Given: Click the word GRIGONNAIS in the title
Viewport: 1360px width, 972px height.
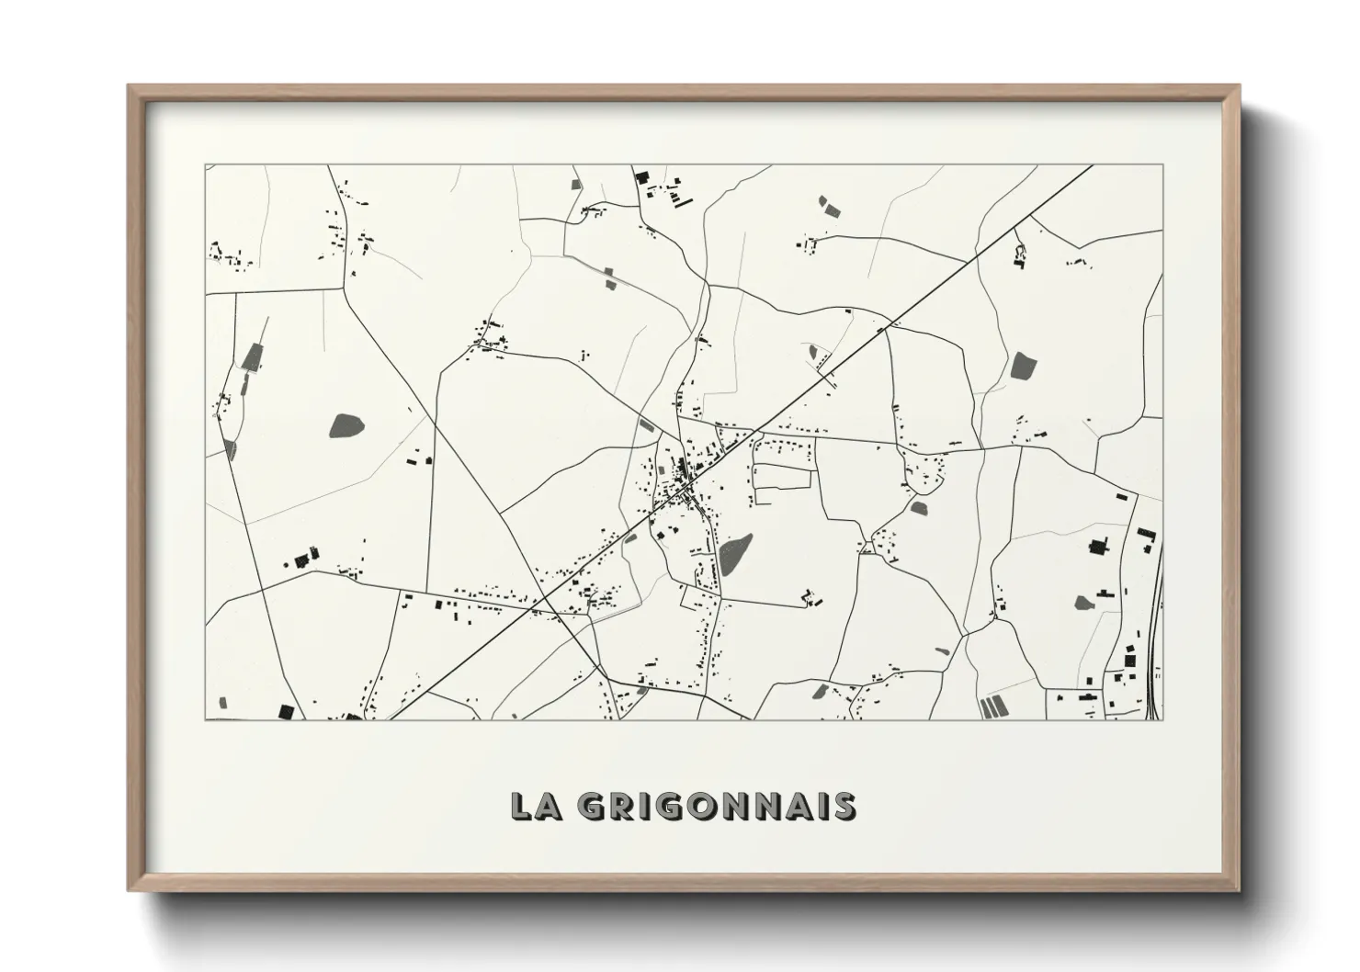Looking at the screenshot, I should pos(717,805).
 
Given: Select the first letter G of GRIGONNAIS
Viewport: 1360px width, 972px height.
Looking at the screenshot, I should pos(593,805).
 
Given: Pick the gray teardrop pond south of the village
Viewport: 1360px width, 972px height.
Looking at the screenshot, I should pos(735,554).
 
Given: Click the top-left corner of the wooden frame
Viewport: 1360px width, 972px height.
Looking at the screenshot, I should pos(130,87).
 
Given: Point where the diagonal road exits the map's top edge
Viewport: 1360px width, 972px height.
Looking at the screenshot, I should pos(1092,166).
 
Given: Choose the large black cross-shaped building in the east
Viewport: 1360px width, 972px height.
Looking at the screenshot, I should pos(1095,548).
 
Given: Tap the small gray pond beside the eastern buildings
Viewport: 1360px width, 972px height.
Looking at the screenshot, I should pos(1083,604).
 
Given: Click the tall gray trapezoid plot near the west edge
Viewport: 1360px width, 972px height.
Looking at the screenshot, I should pos(251,356).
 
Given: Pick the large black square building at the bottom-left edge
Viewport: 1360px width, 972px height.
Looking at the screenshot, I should pos(286,711).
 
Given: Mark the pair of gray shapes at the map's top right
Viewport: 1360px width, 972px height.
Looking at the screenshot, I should pos(830,206).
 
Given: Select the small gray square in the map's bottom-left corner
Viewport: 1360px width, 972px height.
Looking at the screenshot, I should pos(223,703).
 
